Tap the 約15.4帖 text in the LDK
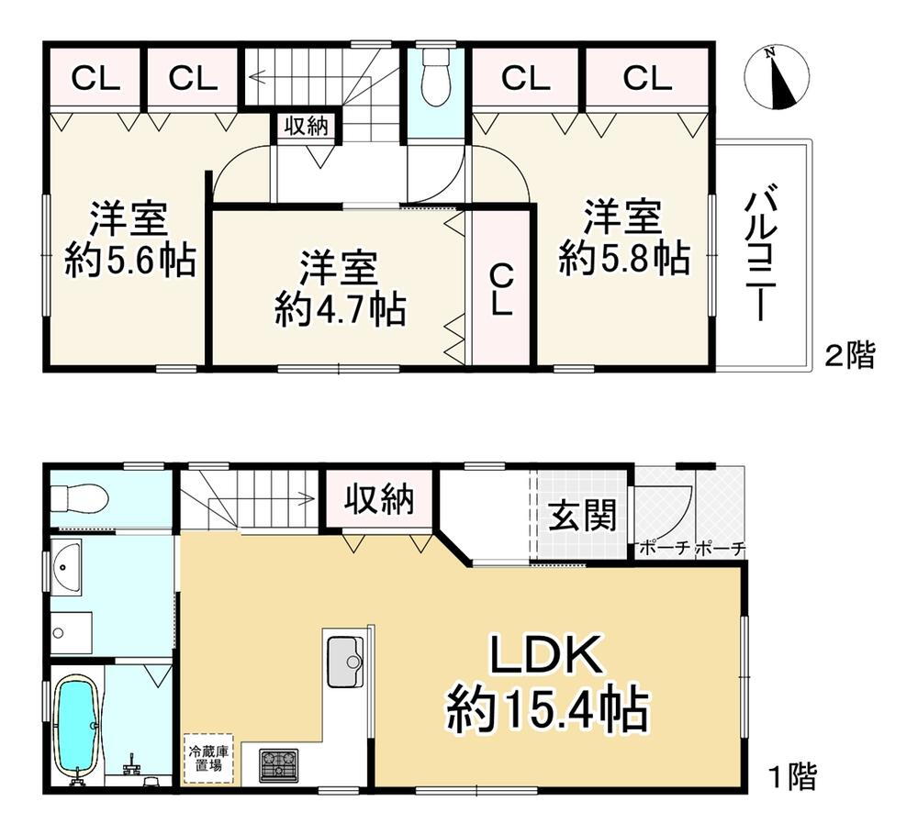(548, 709)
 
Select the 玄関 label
(582, 518)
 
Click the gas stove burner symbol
(278, 764)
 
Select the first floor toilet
(81, 499)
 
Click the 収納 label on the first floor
(380, 501)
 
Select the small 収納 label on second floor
(305, 127)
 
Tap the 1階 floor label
(790, 778)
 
